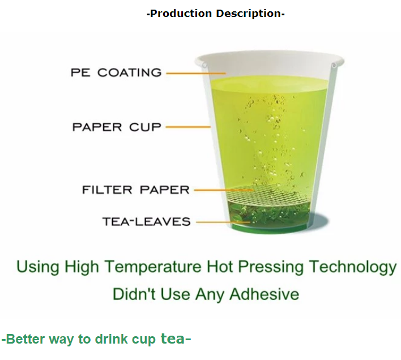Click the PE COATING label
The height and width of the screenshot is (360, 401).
[116, 72]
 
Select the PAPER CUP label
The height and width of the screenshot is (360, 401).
[117, 127]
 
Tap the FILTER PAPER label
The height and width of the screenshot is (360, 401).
[136, 190]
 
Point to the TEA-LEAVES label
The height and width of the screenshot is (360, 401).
[147, 221]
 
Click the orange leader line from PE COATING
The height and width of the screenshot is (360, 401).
[196, 74]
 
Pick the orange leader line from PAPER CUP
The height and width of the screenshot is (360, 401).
[188, 127]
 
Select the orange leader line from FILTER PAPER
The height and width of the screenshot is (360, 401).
[224, 190]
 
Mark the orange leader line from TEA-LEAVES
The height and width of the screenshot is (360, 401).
[223, 222]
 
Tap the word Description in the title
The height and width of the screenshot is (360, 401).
[249, 13]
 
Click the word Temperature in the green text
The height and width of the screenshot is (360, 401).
[153, 267]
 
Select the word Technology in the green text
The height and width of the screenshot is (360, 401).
[352, 267]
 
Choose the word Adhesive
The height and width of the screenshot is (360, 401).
[264, 294]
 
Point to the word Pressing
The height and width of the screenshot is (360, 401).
[271, 267]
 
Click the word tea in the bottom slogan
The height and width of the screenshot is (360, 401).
[173, 338]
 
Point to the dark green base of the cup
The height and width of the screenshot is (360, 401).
[269, 228]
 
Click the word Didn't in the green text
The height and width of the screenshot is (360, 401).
[134, 294]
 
